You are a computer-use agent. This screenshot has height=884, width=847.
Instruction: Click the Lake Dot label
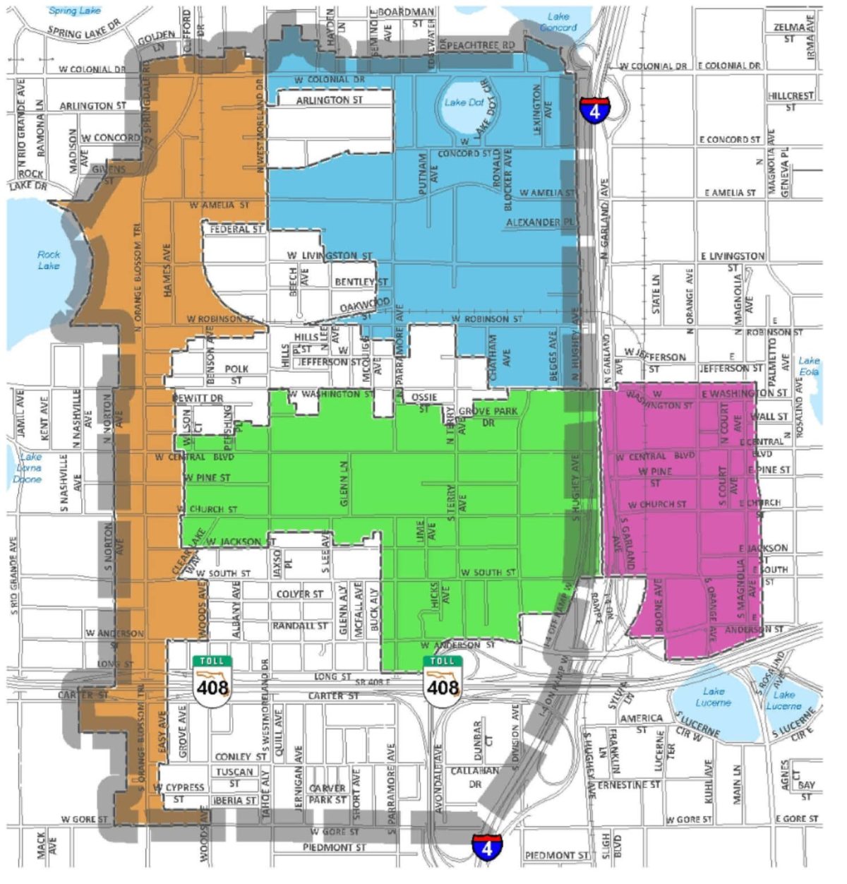click(464, 102)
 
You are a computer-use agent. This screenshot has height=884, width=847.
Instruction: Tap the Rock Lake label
click(49, 260)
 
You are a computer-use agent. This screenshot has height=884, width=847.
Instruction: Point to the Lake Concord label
click(558, 22)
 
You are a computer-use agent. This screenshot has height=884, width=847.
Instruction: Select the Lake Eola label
click(809, 365)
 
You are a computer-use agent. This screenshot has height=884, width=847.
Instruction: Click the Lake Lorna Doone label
click(29, 467)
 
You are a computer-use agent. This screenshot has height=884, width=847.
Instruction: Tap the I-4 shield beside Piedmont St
click(487, 847)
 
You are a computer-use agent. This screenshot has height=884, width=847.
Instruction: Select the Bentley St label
click(361, 282)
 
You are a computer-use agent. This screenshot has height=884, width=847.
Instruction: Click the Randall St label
click(300, 626)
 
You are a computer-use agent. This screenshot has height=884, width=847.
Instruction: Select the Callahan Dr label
click(475, 777)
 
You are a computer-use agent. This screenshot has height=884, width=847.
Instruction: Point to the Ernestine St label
click(628, 784)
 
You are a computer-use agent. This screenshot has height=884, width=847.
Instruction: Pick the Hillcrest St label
click(791, 101)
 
